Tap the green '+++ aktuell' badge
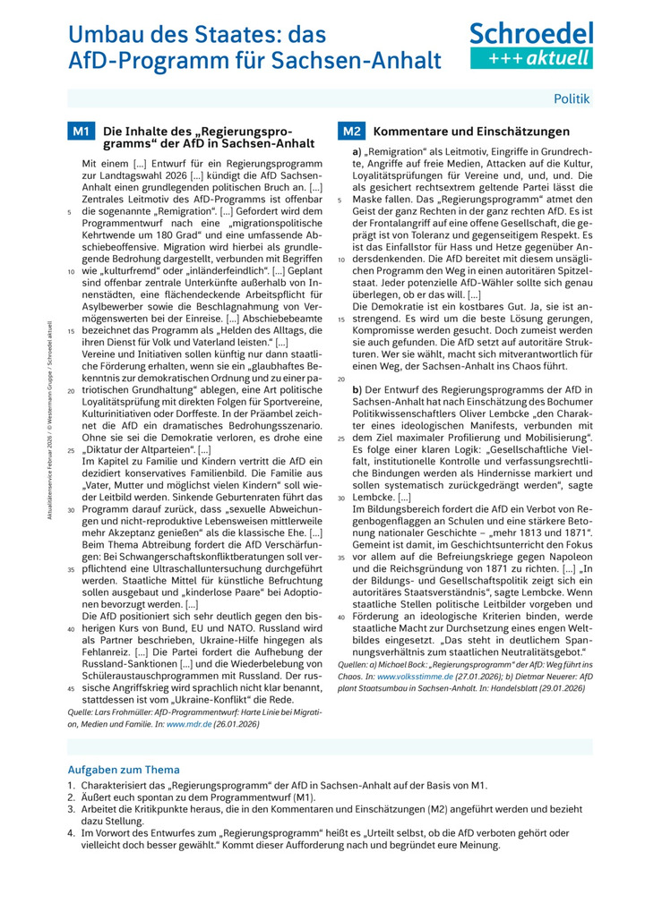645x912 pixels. (531, 58)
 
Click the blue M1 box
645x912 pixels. (81, 132)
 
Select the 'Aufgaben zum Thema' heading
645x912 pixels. (124, 770)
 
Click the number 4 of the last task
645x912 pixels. (71, 831)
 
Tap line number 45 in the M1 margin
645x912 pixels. (71, 688)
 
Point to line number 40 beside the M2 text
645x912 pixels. (340, 617)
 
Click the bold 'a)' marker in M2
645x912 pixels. (357, 153)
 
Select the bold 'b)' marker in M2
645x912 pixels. (357, 390)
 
